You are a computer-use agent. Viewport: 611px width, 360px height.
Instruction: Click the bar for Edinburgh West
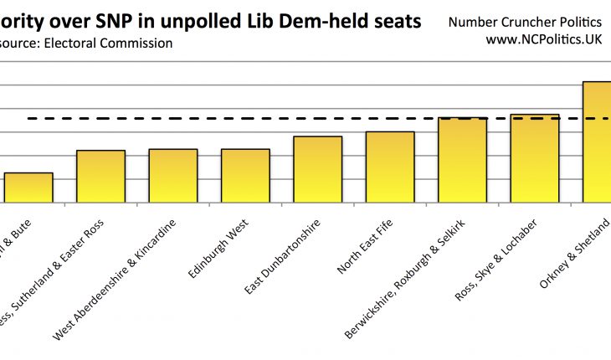point(245,176)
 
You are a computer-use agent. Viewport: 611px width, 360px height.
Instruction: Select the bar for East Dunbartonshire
point(317,169)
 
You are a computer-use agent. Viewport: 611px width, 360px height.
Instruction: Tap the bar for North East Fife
point(390,167)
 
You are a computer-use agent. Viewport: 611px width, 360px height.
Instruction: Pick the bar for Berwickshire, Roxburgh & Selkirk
point(462,160)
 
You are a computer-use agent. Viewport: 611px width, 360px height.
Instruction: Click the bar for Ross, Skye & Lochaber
point(534,158)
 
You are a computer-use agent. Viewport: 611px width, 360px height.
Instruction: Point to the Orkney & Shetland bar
point(598,141)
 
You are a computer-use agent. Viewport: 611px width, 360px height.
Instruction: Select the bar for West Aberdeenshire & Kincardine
point(173,176)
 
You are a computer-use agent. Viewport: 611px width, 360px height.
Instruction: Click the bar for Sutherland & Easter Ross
point(100,177)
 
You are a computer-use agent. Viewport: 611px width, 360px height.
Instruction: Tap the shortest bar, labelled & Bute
point(28,188)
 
